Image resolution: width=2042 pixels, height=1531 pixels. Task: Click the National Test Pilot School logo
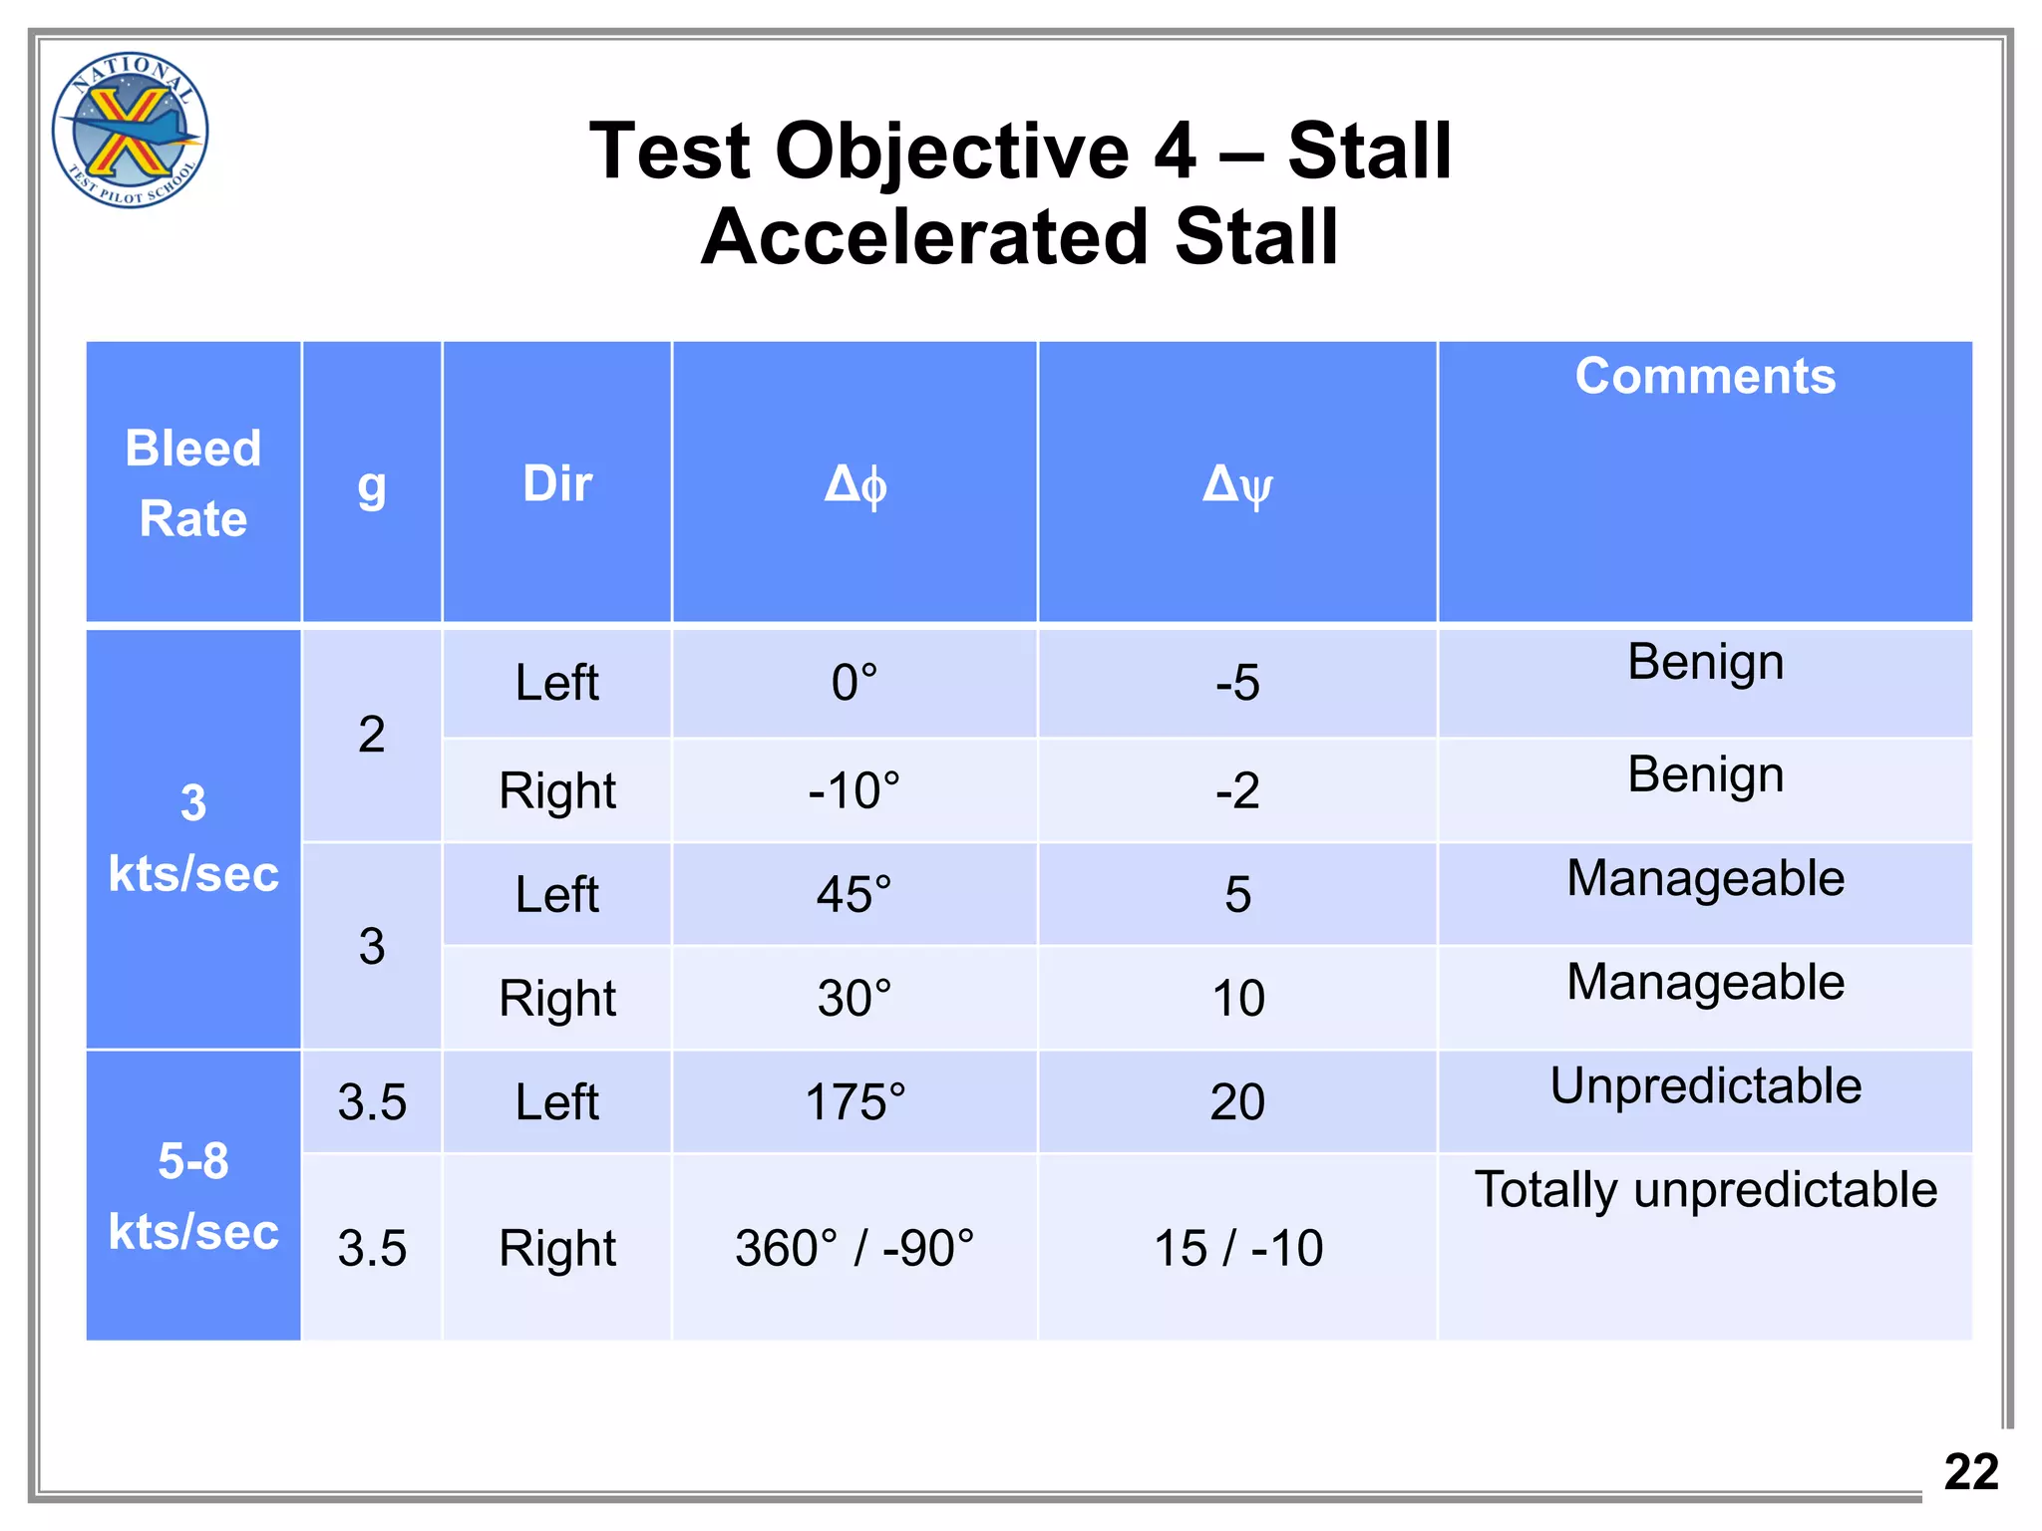pyautogui.click(x=130, y=130)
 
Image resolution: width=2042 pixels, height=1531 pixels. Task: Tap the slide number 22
pyautogui.click(x=1970, y=1472)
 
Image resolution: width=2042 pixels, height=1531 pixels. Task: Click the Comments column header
pyautogui.click(x=1704, y=377)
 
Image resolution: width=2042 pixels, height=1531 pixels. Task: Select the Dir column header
pyautogui.click(x=556, y=484)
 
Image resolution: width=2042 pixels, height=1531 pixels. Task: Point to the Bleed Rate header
pyautogui.click(x=193, y=483)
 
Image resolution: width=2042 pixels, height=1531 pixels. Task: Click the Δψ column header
pyautogui.click(x=1236, y=485)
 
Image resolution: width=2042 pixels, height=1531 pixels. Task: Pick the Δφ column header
pyautogui.click(x=854, y=485)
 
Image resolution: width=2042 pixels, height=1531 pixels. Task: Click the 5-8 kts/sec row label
pyautogui.click(x=193, y=1196)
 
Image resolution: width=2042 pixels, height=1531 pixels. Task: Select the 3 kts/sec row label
pyautogui.click(x=193, y=838)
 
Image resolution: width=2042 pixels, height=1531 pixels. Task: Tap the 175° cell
pyautogui.click(x=854, y=1102)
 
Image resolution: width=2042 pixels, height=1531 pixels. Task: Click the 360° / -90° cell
pyautogui.click(x=854, y=1248)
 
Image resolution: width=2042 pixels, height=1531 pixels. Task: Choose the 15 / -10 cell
pyautogui.click(x=1237, y=1248)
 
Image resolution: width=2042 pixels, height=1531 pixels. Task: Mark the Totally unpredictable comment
pyautogui.click(x=1705, y=1190)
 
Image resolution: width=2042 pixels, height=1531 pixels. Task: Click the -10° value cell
pyautogui.click(x=854, y=791)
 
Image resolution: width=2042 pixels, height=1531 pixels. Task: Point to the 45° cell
pyautogui.click(x=854, y=895)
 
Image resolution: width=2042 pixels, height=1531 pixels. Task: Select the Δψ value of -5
pyautogui.click(x=1237, y=684)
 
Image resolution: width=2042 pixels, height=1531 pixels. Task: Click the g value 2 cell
pyautogui.click(x=372, y=736)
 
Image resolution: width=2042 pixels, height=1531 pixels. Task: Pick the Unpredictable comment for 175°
pyautogui.click(x=1705, y=1086)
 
